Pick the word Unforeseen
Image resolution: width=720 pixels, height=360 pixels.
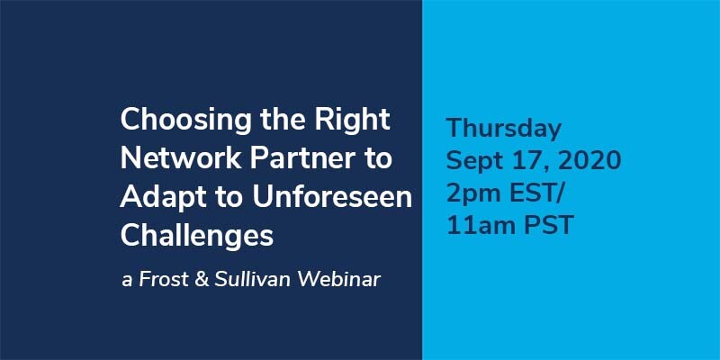pos(332,196)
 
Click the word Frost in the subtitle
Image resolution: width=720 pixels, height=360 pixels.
pos(164,280)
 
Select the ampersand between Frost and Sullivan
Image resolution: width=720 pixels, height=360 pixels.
pos(202,280)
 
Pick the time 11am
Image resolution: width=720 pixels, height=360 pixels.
pos(484,226)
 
